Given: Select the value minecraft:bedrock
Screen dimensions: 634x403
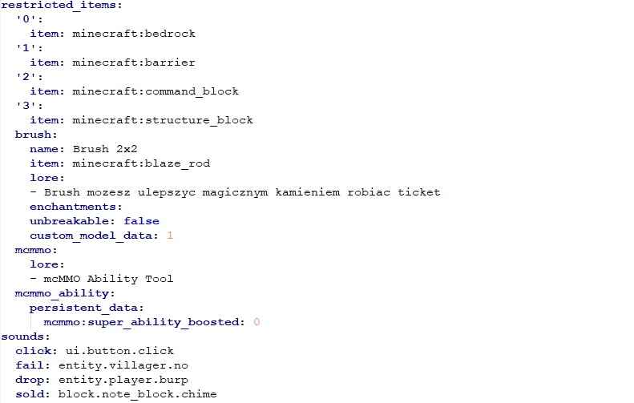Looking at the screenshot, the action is (x=134, y=34).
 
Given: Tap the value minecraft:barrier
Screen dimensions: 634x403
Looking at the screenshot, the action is (x=134, y=62).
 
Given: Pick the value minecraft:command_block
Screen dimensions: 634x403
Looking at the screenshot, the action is (x=155, y=92).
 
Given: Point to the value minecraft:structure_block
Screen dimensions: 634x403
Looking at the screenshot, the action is (x=163, y=120).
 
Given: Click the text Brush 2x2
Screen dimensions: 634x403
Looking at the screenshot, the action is (x=105, y=149).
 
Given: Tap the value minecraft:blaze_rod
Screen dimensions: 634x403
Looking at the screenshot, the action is (x=141, y=163).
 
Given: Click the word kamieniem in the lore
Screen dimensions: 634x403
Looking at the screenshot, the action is (x=308, y=192).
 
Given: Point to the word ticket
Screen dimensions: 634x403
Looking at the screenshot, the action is (x=419, y=192).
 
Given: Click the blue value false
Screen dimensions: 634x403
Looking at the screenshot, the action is (x=142, y=221).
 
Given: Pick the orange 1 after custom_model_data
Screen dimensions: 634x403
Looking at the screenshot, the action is (x=170, y=236).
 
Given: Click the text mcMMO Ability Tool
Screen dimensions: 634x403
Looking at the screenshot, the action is (x=108, y=279).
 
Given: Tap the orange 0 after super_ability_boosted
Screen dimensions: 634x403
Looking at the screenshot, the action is (x=256, y=322).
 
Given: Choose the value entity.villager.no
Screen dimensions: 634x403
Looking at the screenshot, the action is (x=123, y=365).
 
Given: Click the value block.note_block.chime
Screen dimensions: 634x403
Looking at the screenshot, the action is (x=138, y=394).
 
